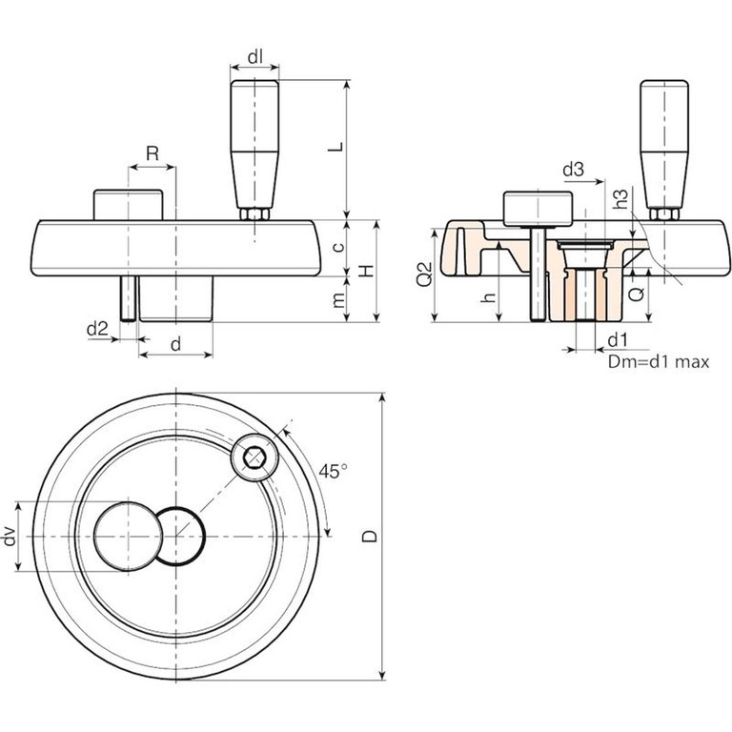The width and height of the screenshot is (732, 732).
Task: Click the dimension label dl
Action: coord(255,56)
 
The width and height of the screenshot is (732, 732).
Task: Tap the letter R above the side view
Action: coord(152,153)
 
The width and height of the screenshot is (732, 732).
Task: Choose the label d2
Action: coord(96,329)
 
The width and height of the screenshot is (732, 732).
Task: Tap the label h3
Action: coord(621,199)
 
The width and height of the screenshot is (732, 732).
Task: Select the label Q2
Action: coord(426,276)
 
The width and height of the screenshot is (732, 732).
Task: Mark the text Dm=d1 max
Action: coord(657,362)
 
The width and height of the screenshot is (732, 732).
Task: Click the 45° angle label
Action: coord(334,472)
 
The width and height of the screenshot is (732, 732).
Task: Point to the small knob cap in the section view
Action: coord(537,205)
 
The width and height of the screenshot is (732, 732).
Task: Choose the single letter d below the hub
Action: coord(175,343)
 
